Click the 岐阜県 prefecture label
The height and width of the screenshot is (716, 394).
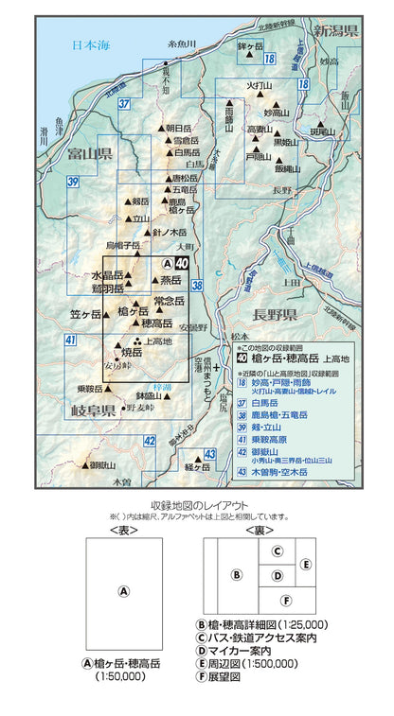92,410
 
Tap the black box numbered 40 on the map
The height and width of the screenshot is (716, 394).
182,264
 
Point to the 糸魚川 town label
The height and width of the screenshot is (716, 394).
180,44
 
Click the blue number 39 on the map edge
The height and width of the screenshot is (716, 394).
72,182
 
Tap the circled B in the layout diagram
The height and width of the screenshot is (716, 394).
238,572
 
